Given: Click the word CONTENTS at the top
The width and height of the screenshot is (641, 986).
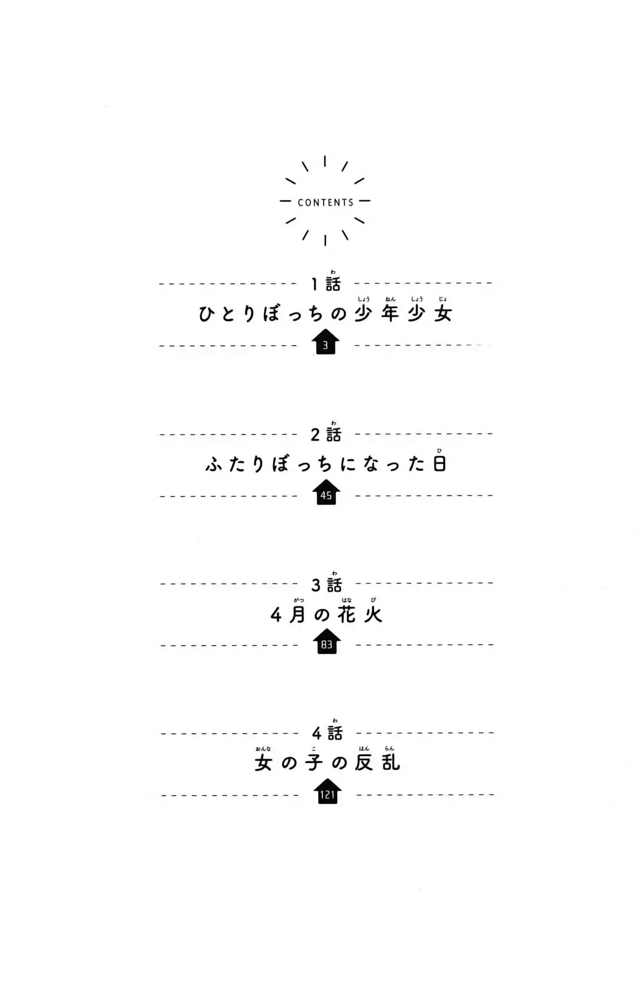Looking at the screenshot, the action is tap(326, 203).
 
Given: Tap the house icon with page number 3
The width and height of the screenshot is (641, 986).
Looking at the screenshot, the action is tap(325, 341).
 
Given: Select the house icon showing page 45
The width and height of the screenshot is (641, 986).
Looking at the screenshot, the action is tap(326, 492).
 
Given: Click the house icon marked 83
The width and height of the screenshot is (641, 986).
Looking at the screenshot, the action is tap(327, 641).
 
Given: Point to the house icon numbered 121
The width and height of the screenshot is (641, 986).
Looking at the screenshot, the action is tap(327, 791).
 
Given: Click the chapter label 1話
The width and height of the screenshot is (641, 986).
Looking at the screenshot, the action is tap(326, 284).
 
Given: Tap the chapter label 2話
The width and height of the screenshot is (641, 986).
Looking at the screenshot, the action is tap(326, 434).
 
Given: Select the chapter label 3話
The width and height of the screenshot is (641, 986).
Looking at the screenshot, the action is tap(327, 585).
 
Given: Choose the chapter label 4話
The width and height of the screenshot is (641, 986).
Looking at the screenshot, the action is tap(327, 733).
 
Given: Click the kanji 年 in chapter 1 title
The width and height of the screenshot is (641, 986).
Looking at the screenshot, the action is tap(390, 314).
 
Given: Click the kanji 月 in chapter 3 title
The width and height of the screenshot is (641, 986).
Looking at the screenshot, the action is tap(297, 614).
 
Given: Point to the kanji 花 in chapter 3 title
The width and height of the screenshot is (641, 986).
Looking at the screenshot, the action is tap(346, 614).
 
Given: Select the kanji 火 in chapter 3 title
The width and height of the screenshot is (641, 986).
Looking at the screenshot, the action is tap(373, 614).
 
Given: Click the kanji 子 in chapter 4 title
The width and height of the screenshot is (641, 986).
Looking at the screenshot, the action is tap(314, 762).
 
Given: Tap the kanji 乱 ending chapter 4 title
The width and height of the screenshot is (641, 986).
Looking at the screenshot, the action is tap(391, 762).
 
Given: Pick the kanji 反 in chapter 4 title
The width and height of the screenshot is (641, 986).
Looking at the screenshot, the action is tap(364, 762).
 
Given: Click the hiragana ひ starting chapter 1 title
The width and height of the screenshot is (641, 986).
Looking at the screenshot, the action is tap(206, 314).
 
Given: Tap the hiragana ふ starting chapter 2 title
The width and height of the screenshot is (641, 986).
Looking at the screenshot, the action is tap(213, 465).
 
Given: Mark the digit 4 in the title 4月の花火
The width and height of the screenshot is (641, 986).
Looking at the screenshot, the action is tap(276, 615).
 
